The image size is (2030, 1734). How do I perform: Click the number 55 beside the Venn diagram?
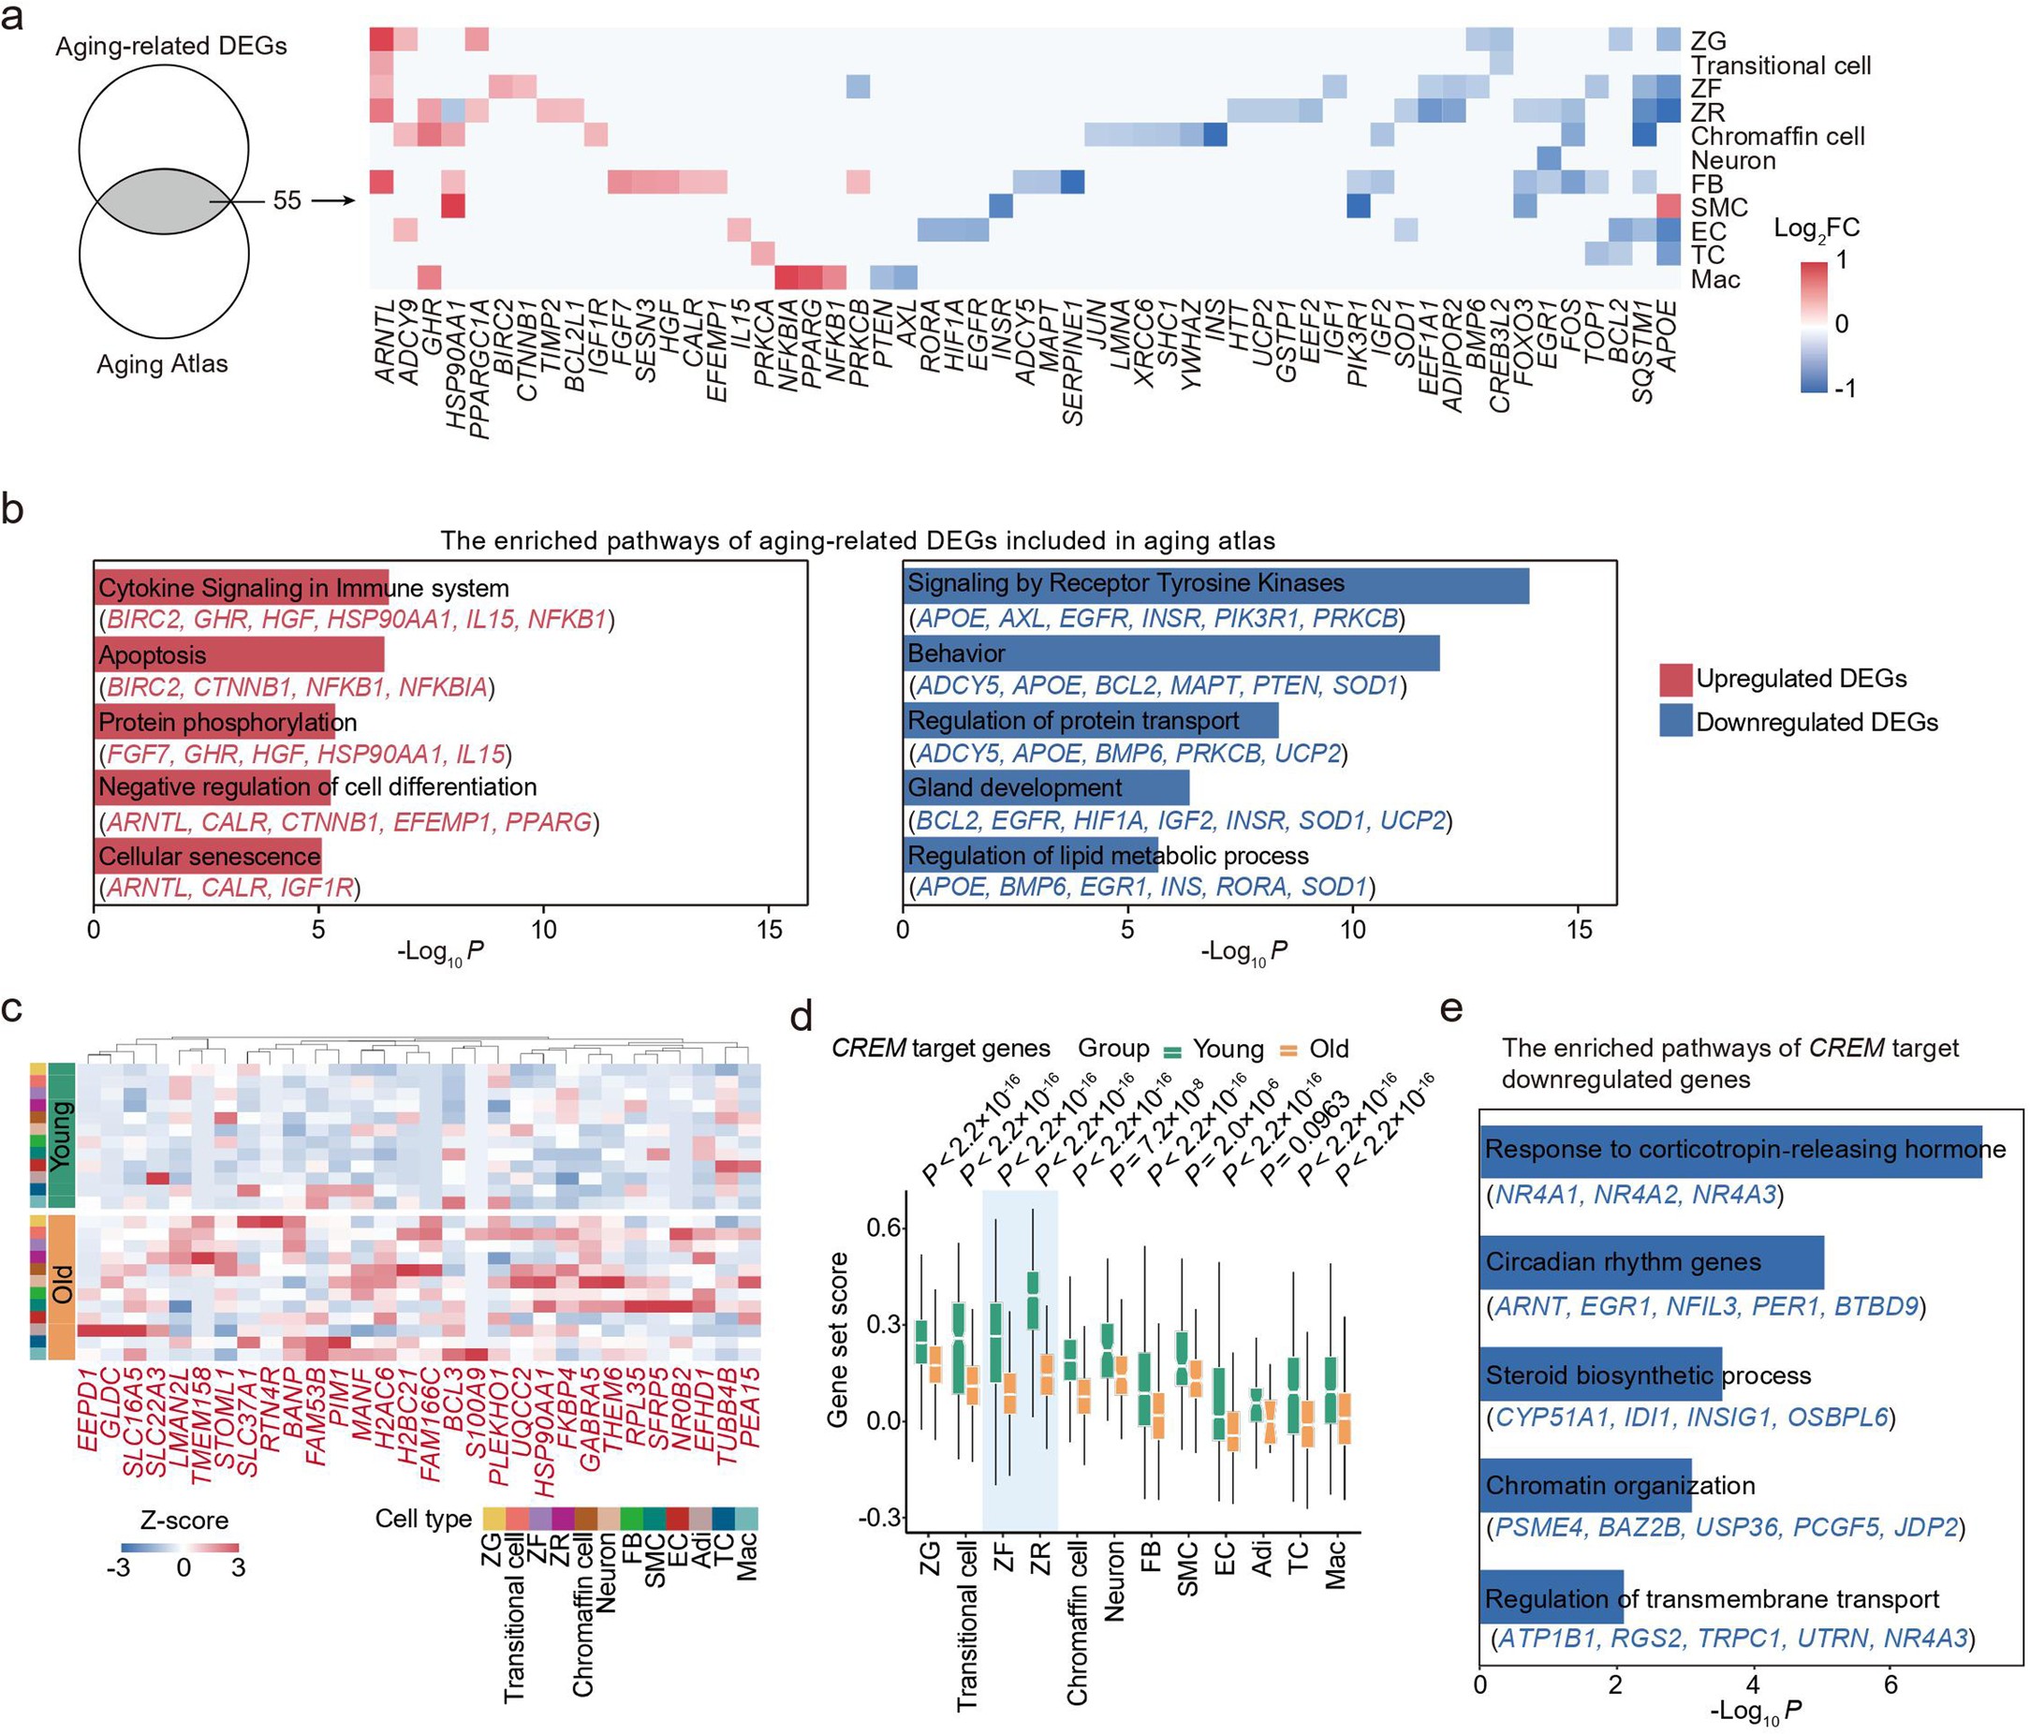(287, 200)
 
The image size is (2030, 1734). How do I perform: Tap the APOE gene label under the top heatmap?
(1667, 336)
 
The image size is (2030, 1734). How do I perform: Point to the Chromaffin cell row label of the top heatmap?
(1777, 136)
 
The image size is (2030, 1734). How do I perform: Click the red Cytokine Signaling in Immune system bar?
(241, 589)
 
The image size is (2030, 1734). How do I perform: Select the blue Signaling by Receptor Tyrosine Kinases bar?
(1214, 585)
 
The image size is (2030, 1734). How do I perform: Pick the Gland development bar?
(1045, 787)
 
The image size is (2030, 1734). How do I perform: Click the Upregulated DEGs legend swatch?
(1675, 679)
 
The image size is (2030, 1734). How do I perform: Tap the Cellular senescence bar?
(208, 856)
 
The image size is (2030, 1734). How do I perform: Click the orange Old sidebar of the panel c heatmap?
(62, 1287)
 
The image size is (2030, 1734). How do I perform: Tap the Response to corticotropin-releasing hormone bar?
(1730, 1150)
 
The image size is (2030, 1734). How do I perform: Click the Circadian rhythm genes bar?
(1652, 1263)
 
